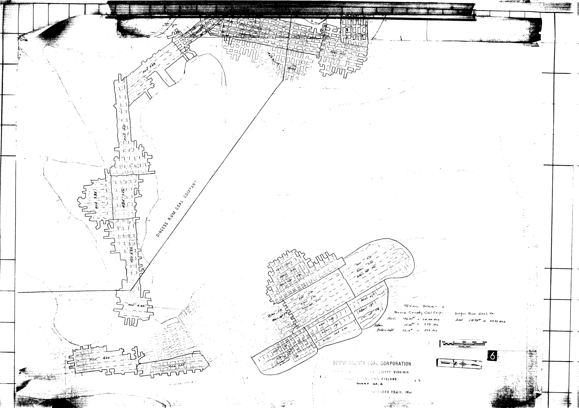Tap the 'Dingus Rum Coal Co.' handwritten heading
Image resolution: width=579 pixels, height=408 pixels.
475,314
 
